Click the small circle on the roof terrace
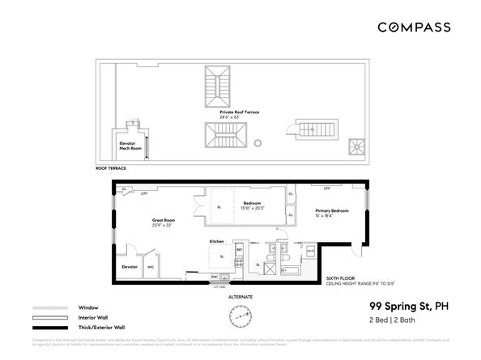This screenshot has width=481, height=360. point(258,143)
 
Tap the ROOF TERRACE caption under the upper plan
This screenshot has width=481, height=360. point(111,168)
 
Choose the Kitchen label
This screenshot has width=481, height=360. point(217,241)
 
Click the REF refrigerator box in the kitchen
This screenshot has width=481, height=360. point(239,251)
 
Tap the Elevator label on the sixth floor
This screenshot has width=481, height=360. point(129,266)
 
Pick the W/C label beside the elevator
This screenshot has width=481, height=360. point(151,266)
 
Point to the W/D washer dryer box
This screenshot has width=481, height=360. point(310,251)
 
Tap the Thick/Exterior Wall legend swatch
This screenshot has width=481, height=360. point(47,328)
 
